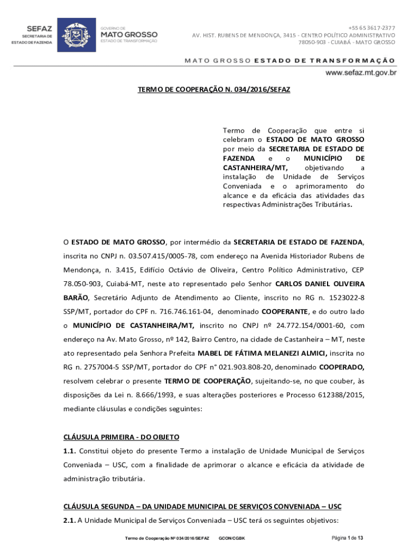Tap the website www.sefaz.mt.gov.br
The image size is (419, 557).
[361, 72]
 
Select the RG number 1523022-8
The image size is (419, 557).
[343, 298]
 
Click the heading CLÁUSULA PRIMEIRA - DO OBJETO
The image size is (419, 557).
[121, 437]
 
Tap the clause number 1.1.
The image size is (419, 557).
[70, 451]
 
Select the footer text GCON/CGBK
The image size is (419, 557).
[232, 539]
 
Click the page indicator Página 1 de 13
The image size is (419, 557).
[347, 539]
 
